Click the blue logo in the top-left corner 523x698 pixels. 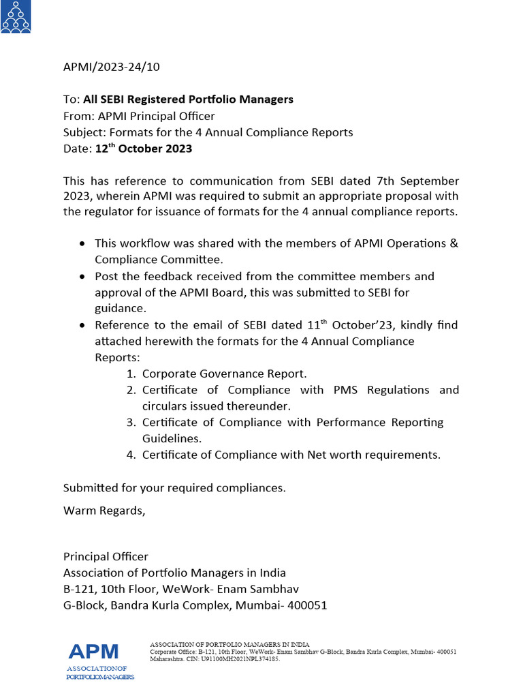point(15,16)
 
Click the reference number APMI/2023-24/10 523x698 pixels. point(112,67)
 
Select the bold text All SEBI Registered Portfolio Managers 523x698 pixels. point(189,100)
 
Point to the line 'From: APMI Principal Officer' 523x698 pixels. point(139,116)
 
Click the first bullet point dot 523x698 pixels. point(82,243)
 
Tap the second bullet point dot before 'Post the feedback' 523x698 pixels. point(82,277)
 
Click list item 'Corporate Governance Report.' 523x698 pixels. point(225,374)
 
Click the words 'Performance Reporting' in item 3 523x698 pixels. point(380,423)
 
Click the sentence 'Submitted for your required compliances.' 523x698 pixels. point(174,488)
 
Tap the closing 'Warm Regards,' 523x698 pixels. point(104,510)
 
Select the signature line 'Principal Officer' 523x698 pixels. point(106,557)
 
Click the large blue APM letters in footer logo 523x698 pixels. point(93,652)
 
